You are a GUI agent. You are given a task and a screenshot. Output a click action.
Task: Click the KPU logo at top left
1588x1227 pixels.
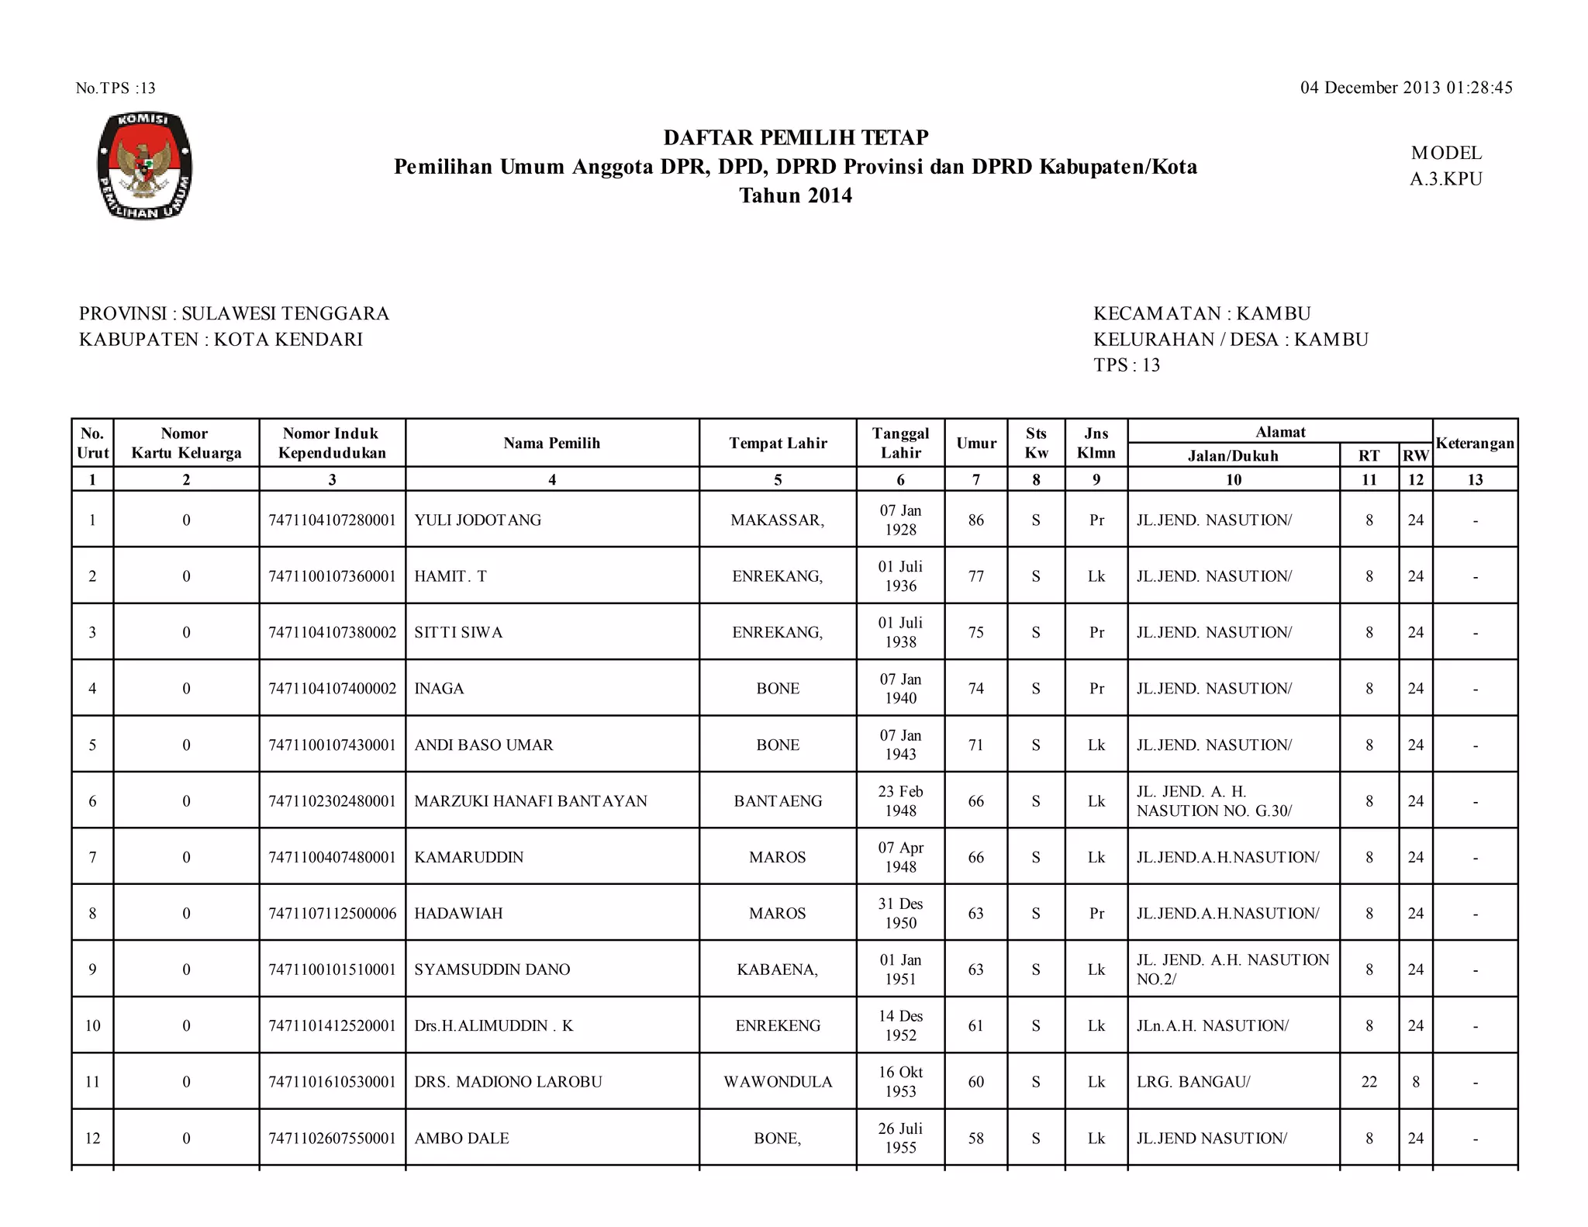[x=144, y=165]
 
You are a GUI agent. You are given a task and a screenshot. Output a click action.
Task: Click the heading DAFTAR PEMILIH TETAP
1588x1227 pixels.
[x=796, y=138]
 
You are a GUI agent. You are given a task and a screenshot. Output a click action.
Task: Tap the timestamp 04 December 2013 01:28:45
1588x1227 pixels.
[x=1406, y=88]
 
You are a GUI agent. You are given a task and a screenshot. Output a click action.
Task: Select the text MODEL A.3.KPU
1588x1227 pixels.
[x=1445, y=166]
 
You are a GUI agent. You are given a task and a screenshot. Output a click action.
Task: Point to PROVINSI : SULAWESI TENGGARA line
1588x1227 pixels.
[x=234, y=313]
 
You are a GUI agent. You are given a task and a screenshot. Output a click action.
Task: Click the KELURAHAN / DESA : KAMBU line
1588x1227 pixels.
[x=1231, y=339]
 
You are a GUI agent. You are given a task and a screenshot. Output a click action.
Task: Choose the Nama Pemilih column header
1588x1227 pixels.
[x=551, y=443]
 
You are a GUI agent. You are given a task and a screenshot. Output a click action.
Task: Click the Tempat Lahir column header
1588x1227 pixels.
[x=778, y=443]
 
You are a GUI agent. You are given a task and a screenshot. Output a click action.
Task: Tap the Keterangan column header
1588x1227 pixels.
[x=1475, y=443]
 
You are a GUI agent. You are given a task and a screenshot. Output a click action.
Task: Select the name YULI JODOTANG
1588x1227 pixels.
[x=478, y=520]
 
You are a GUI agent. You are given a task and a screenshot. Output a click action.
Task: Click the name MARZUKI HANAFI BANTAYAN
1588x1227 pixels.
[x=530, y=801]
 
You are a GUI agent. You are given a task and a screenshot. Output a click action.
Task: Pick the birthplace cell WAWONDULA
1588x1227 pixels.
[x=778, y=1082]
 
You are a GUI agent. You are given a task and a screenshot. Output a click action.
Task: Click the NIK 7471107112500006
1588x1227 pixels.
[x=332, y=914]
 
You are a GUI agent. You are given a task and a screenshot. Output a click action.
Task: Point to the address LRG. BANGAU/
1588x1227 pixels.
[x=1193, y=1082]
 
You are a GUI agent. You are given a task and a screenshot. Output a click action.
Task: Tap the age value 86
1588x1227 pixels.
[x=975, y=520]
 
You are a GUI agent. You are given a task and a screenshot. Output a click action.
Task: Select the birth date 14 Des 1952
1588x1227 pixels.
[x=900, y=1025]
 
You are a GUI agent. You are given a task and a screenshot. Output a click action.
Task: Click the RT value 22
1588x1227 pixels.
[x=1369, y=1082]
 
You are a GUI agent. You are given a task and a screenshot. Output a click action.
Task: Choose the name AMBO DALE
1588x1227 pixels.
[x=461, y=1139]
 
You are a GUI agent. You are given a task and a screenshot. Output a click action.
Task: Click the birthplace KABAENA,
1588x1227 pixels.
[x=778, y=970]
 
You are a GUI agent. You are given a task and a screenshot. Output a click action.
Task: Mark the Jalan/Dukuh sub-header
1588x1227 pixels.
[x=1233, y=455]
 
